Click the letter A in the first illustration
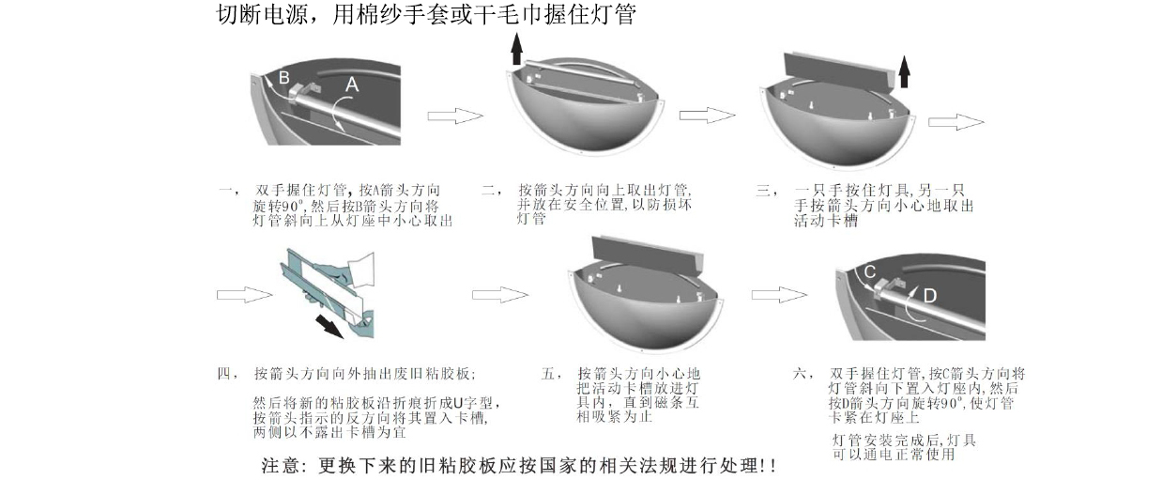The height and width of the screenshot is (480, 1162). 351,85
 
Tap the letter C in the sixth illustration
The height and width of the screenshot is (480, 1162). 870,271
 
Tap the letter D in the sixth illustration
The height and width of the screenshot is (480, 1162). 929,296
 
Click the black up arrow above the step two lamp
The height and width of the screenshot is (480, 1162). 516,47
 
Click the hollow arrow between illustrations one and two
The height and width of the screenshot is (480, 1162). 455,116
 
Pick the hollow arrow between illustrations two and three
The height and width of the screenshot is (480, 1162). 707,115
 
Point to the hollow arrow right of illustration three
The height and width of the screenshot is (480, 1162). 956,122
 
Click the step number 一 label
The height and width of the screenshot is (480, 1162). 225,191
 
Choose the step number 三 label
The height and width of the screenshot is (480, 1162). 762,191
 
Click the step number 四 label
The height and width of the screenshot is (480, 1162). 225,373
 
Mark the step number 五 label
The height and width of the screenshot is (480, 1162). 550,373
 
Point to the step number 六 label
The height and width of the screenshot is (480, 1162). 801,373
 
